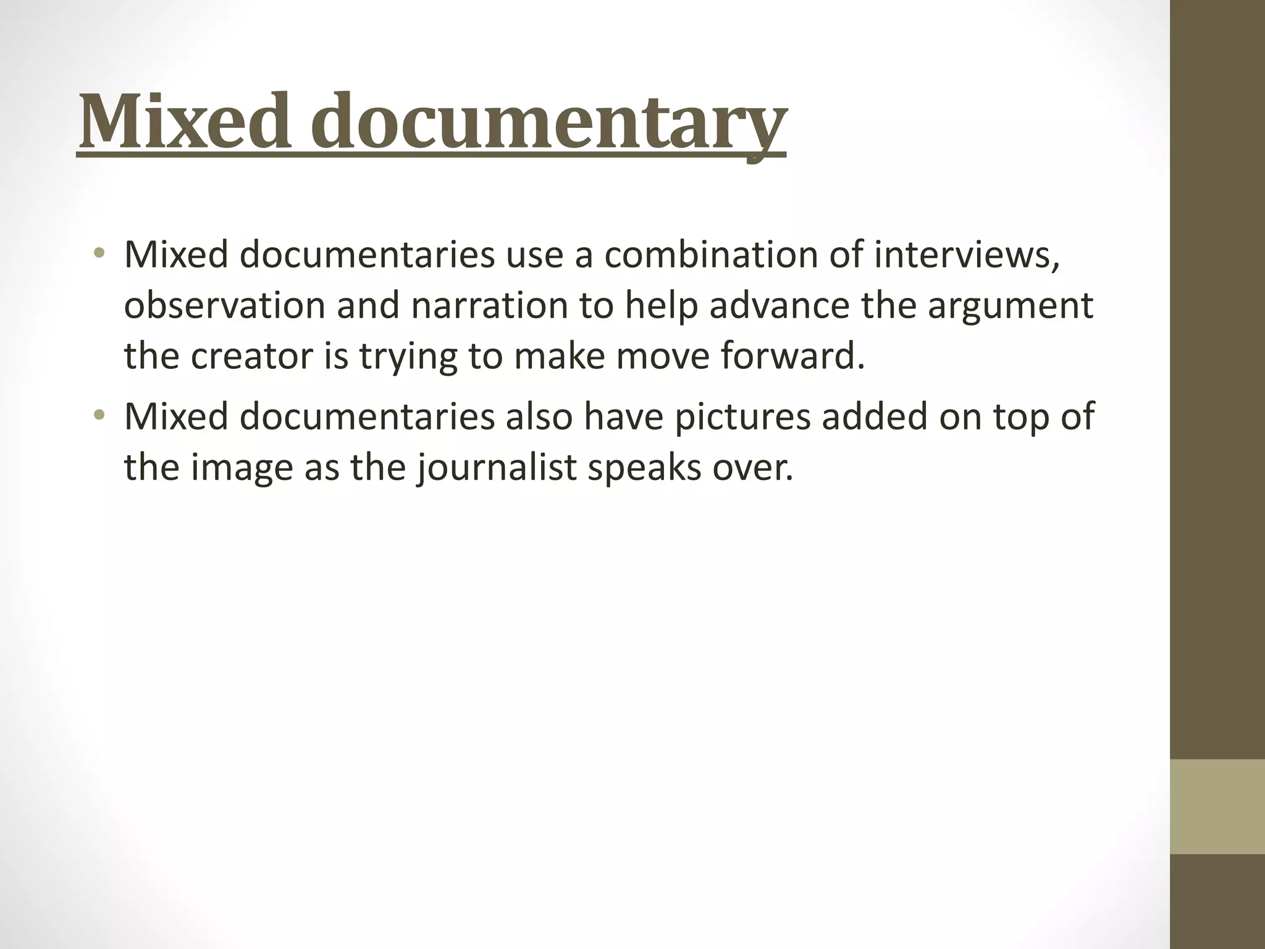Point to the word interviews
pyautogui.click(x=967, y=255)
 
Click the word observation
pyautogui.click(x=224, y=306)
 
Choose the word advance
pyautogui.click(x=779, y=306)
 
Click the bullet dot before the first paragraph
pyautogui.click(x=99, y=253)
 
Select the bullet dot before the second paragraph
pyautogui.click(x=99, y=415)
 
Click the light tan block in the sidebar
pyautogui.click(x=1217, y=806)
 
